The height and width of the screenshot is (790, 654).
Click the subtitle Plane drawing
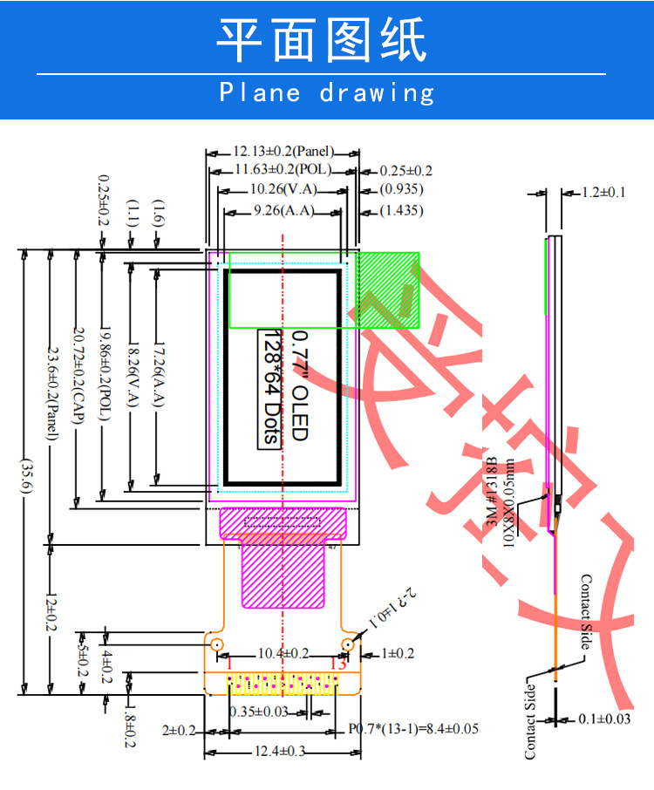point(326,92)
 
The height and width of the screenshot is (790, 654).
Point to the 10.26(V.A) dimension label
point(283,188)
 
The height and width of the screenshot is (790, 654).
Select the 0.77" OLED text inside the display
point(299,385)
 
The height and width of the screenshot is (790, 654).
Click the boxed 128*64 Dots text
point(271,387)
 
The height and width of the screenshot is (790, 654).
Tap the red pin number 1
point(228,664)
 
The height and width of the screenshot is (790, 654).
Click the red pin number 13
point(339,664)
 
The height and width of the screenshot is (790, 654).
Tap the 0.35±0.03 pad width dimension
point(258,712)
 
